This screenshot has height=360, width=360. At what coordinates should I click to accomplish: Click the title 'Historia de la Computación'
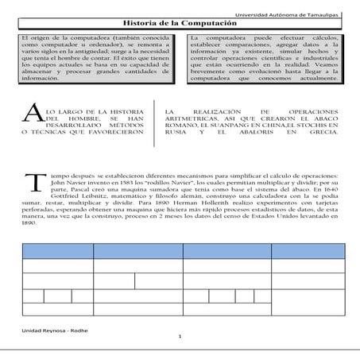(180, 25)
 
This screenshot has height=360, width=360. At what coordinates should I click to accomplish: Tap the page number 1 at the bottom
(180, 338)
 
